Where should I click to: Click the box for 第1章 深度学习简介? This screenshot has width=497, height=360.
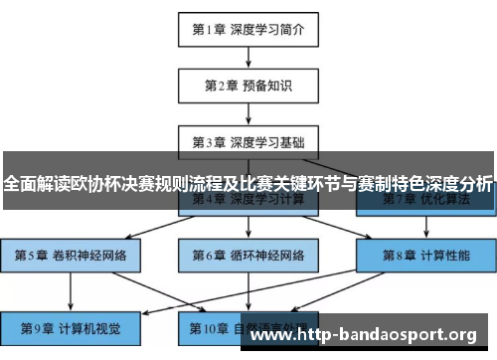pyautogui.click(x=248, y=30)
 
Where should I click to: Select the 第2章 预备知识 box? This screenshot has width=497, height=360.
pyautogui.click(x=248, y=86)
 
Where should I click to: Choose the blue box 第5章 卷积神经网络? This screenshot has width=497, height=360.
pyautogui.click(x=71, y=255)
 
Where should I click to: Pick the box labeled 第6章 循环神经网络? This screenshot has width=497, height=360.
pyautogui.click(x=248, y=255)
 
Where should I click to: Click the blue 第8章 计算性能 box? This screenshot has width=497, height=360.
pyautogui.click(x=426, y=255)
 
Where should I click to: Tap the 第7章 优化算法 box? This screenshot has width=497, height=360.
pyautogui.click(x=426, y=199)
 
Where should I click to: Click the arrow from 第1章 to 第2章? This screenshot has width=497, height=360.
pyautogui.click(x=248, y=58)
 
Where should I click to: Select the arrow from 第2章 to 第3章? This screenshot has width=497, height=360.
pyautogui.click(x=248, y=113)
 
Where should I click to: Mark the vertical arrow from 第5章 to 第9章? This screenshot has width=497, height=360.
pyautogui.click(x=71, y=289)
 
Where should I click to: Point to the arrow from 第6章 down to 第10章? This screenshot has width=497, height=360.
pyautogui.click(x=248, y=289)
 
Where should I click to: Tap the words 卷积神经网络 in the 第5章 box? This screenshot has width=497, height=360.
pyautogui.click(x=89, y=255)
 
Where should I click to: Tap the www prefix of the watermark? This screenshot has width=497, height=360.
pyautogui.click(x=267, y=334)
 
